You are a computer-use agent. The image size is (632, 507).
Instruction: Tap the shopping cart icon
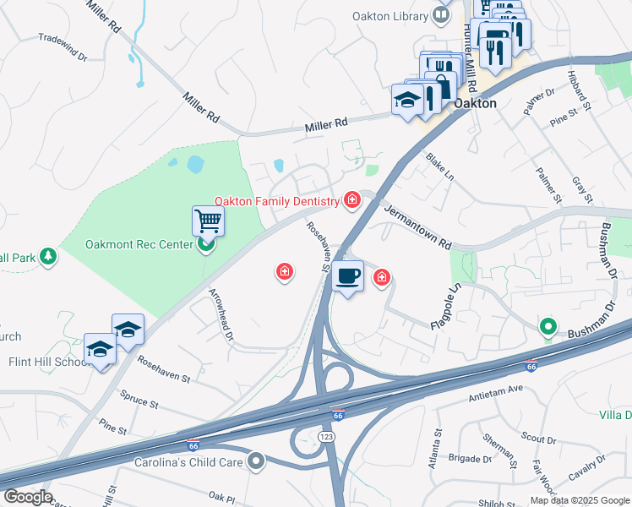(x=207, y=221)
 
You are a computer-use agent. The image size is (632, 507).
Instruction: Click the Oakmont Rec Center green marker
(x=205, y=246)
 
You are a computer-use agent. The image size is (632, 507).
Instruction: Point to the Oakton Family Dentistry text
(x=275, y=200)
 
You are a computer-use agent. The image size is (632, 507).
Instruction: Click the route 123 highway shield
(x=325, y=435)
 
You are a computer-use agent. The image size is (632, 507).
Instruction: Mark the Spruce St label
(x=139, y=399)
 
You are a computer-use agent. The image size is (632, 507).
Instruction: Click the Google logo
(x=28, y=497)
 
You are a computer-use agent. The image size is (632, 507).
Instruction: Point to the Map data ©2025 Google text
(x=579, y=500)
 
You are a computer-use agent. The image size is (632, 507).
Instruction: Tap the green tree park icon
(x=49, y=255)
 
